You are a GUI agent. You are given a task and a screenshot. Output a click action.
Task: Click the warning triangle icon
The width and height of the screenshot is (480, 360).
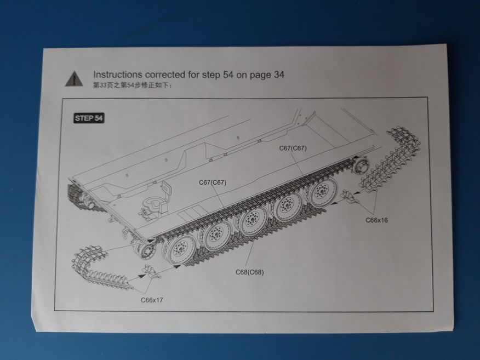coord(71,79)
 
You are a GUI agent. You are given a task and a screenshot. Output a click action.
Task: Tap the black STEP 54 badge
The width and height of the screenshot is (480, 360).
coord(89,118)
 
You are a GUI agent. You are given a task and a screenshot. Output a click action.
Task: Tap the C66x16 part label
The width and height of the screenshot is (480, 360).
coord(376,220)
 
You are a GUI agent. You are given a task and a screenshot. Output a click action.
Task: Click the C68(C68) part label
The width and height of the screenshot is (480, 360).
coord(249,272)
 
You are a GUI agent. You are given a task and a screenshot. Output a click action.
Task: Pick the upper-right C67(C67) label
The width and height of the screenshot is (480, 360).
coord(293,148)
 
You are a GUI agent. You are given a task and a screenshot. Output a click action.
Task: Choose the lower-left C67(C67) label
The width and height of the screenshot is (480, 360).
coord(213,182)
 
